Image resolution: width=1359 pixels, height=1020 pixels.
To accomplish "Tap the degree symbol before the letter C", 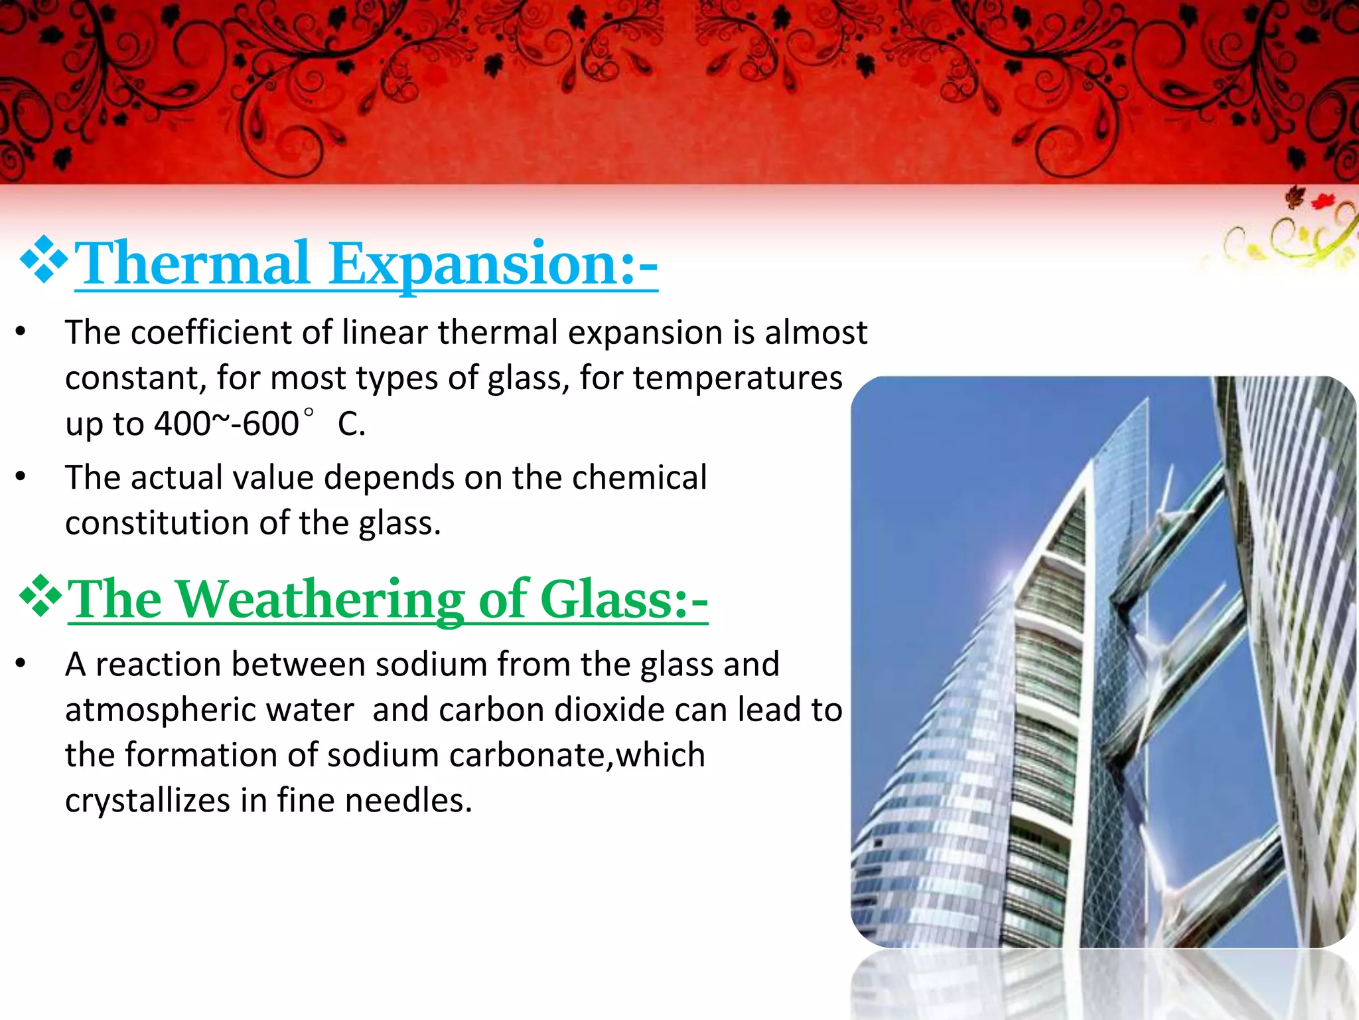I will click(308, 413).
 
